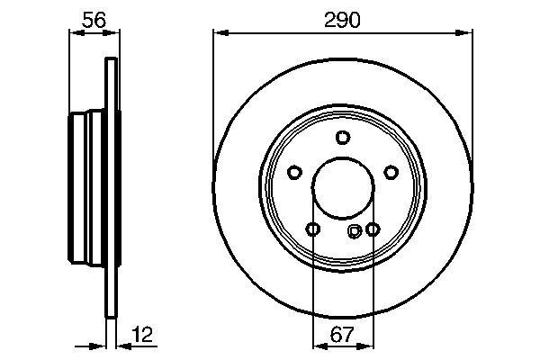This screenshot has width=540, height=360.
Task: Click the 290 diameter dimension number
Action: (342, 19)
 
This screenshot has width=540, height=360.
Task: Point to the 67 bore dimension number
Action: (341, 335)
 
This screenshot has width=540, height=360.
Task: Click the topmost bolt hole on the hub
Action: (342, 138)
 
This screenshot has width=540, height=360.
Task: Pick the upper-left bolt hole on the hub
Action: (294, 173)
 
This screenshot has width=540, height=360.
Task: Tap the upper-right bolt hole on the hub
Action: (391, 173)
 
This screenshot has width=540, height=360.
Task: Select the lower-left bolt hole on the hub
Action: (312, 229)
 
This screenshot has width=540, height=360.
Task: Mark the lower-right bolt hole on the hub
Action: (372, 229)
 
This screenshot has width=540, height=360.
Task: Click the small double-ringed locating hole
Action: (355, 230)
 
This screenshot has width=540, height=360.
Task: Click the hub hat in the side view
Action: (86, 189)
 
